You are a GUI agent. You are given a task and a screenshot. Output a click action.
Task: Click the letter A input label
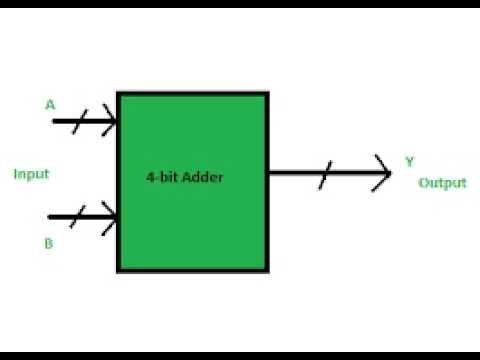(50, 103)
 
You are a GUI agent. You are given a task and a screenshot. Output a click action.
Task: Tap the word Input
(31, 174)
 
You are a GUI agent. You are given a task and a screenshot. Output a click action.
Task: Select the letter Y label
(409, 160)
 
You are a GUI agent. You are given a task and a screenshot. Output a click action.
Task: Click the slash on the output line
(321, 173)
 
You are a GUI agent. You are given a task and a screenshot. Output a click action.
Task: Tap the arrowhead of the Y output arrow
(387, 173)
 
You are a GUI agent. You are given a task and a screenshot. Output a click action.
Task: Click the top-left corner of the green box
(118, 94)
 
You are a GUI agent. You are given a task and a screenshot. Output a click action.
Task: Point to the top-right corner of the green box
(267, 94)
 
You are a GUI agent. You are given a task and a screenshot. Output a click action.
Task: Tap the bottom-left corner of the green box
(118, 270)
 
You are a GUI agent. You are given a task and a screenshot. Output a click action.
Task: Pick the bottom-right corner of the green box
(267, 270)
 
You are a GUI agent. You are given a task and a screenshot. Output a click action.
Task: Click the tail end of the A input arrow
(52, 122)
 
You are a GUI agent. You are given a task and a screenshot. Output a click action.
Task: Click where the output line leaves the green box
(269, 173)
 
